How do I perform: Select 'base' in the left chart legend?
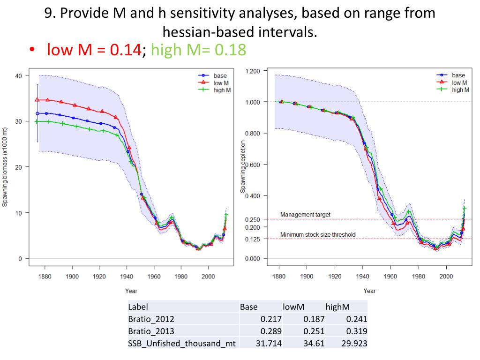click(220, 75)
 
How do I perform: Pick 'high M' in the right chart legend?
click(460, 90)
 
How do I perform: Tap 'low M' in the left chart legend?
click(222, 82)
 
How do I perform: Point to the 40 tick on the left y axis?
click(19, 75)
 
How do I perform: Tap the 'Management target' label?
click(305, 215)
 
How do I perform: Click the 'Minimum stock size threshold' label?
click(318, 235)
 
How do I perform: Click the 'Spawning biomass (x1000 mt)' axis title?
click(5, 167)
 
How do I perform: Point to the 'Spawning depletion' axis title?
click(243, 166)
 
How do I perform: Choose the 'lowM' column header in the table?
click(294, 307)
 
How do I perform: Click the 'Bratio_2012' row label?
click(151, 319)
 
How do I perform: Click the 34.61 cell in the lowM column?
click(314, 344)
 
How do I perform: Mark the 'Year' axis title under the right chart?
click(369, 291)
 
